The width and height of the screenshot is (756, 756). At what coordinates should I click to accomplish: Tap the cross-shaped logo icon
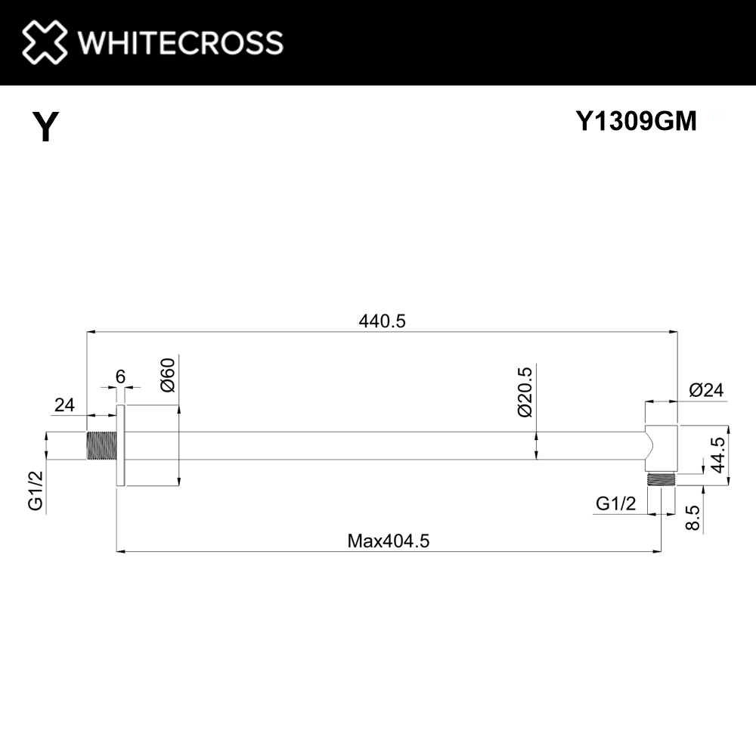(x=45, y=42)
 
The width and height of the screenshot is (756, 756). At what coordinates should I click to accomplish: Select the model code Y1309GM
(x=636, y=121)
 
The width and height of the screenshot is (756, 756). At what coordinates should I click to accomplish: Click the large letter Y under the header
(x=45, y=127)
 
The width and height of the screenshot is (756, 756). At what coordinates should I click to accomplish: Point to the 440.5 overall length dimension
(x=382, y=321)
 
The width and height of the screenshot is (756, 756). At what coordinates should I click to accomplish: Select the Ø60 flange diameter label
(x=168, y=374)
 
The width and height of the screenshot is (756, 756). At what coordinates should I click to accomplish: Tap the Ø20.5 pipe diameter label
(x=526, y=391)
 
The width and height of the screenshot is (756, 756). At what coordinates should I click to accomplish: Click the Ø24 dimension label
(x=706, y=391)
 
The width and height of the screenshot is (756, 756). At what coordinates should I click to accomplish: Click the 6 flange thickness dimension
(x=120, y=376)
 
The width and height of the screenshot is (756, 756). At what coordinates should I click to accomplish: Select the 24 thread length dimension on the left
(x=64, y=405)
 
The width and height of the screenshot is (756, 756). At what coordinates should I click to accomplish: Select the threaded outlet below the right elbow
(x=661, y=479)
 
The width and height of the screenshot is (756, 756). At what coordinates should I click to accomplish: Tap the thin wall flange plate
(x=119, y=445)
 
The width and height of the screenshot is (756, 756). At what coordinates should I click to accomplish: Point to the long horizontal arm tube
(x=378, y=445)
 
